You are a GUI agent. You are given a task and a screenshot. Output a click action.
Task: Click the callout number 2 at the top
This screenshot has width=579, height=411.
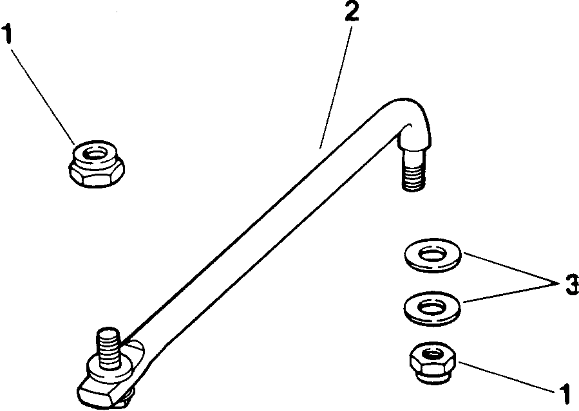click(x=351, y=11)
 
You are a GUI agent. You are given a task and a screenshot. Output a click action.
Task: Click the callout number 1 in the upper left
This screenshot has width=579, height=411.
click(x=7, y=33)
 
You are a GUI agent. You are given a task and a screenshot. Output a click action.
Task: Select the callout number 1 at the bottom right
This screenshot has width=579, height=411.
click(x=565, y=394)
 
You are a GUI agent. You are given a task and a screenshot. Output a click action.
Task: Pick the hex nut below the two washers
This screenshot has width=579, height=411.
click(x=433, y=363)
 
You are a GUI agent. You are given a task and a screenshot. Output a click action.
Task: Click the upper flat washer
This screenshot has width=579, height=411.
click(x=432, y=255)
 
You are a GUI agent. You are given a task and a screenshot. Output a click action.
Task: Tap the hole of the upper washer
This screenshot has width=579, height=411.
click(x=433, y=254)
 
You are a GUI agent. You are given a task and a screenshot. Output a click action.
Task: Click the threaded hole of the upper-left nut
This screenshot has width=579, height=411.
click(x=95, y=154)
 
